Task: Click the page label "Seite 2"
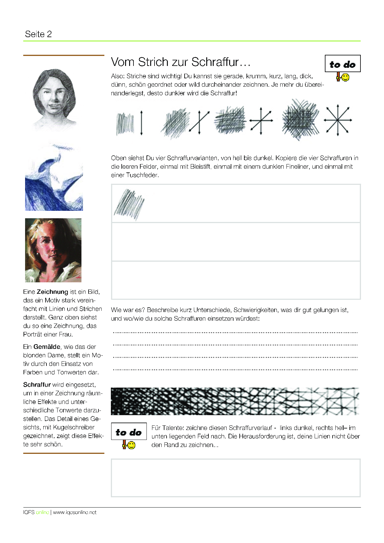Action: (38, 34)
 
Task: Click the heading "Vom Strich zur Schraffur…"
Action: (181, 62)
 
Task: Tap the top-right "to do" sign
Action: (343, 64)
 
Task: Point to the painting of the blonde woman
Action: (53, 250)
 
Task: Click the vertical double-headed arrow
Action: (142, 123)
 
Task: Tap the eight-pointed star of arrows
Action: (338, 120)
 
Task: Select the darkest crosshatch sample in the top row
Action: (300, 119)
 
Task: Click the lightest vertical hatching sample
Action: (125, 124)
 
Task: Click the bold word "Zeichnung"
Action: (52, 292)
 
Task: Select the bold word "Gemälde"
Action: (47, 347)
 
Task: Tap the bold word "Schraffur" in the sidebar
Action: (37, 385)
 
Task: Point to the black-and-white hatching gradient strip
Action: (235, 401)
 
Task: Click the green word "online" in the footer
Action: (42, 512)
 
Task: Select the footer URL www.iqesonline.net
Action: (75, 512)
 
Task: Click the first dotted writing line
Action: (235, 332)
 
